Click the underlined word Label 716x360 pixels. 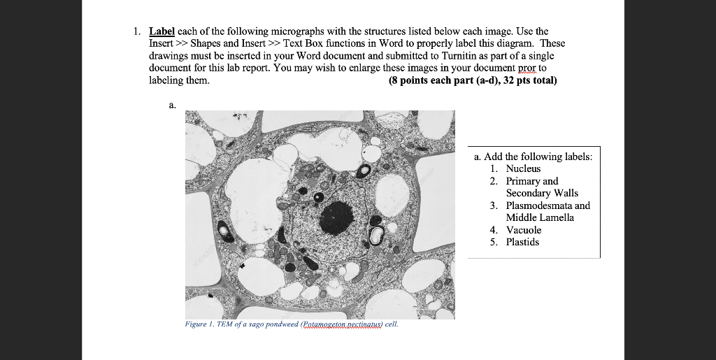click(x=161, y=31)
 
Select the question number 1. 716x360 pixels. click(x=137, y=31)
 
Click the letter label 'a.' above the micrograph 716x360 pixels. click(x=172, y=105)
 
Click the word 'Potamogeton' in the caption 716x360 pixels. click(x=319, y=324)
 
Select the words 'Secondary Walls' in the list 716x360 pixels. click(x=542, y=193)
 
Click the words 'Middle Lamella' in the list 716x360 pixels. click(x=540, y=217)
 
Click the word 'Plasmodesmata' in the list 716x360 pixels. click(x=538, y=206)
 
